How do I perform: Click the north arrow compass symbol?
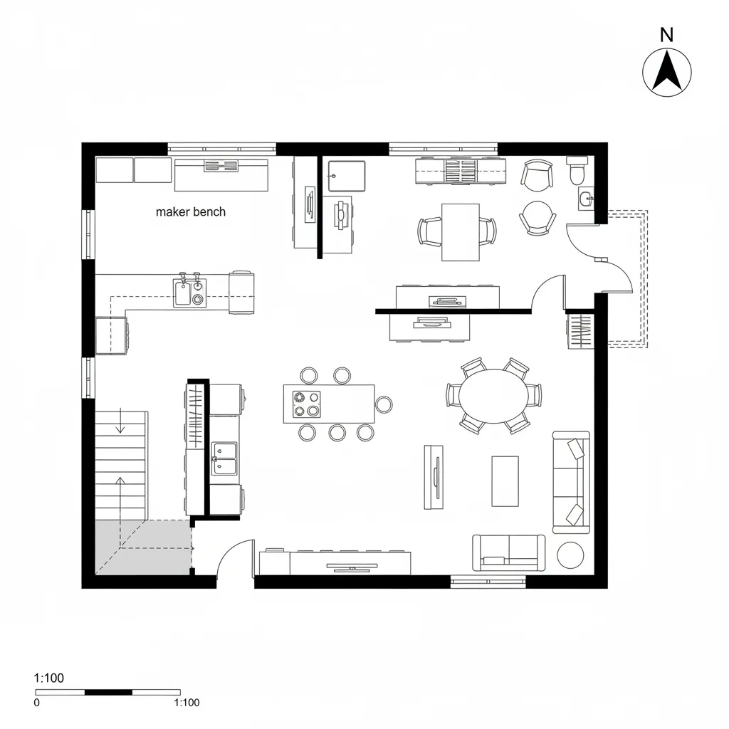click(667, 72)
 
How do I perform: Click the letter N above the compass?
click(667, 34)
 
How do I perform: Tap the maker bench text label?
click(190, 211)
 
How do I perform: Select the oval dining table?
click(494, 395)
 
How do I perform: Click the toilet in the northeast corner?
click(577, 171)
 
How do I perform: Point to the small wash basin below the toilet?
click(586, 199)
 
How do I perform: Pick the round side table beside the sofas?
click(570, 555)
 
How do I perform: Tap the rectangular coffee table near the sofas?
click(505, 481)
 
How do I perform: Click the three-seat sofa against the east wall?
click(571, 481)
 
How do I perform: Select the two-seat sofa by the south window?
click(509, 552)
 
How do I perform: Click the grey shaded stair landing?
click(143, 547)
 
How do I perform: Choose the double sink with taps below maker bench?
click(189, 292)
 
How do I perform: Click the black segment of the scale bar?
click(108, 691)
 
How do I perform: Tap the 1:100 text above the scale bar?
click(49, 678)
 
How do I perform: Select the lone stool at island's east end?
click(384, 404)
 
